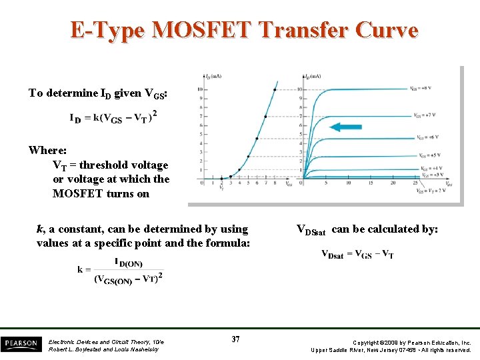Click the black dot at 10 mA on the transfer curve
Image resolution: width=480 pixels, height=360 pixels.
tap(275, 89)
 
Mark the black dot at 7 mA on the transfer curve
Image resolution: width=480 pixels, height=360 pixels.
tap(265, 117)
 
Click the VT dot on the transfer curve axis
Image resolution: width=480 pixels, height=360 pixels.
tap(222, 179)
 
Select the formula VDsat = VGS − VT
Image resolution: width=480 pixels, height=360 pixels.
tap(357, 254)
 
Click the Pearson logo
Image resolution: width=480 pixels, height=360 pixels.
tap(21, 344)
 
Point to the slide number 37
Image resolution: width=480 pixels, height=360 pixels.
tap(236, 340)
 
